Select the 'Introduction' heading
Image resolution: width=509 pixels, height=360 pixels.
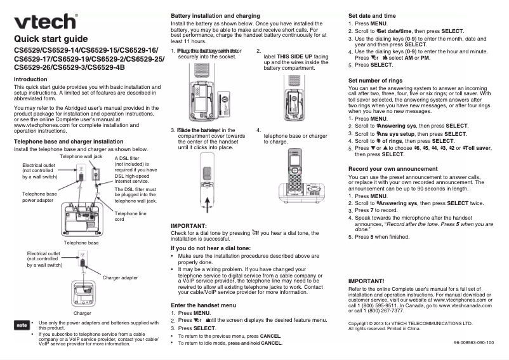(x=30, y=79)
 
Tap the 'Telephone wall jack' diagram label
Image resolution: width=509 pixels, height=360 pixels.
(x=81, y=156)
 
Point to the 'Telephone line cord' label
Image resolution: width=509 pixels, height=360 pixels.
(x=130, y=217)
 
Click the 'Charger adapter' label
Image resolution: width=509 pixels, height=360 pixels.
(x=120, y=277)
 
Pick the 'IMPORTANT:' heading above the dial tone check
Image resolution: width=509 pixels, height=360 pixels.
(x=189, y=226)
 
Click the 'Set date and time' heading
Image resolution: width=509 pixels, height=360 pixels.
(x=373, y=15)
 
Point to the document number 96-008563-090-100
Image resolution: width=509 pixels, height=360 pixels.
(x=473, y=342)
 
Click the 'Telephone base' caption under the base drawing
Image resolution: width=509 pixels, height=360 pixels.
(x=81, y=243)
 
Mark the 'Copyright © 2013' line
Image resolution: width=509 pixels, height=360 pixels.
(x=411, y=323)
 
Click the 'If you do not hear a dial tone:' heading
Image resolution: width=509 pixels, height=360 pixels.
(x=211, y=248)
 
